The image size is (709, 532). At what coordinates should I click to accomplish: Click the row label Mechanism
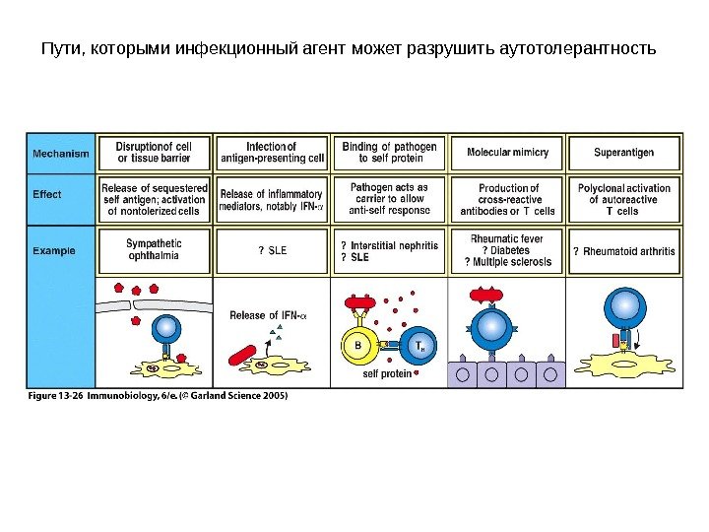[61, 154]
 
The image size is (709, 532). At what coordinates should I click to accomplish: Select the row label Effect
[47, 194]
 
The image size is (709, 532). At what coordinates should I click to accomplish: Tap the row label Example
[53, 250]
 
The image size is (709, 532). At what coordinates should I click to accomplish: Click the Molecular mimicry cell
[507, 154]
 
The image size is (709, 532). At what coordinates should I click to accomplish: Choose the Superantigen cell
[623, 154]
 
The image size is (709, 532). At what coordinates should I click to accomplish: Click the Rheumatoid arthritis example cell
[624, 251]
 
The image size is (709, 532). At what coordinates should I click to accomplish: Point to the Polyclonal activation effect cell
[623, 199]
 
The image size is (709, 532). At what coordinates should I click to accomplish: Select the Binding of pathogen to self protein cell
[389, 153]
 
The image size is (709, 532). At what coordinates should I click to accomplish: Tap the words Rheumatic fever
[507, 237]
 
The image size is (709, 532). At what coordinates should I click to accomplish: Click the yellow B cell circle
[358, 345]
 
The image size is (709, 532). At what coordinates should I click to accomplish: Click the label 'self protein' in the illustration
[387, 374]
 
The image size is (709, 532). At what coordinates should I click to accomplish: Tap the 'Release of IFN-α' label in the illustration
[267, 315]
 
